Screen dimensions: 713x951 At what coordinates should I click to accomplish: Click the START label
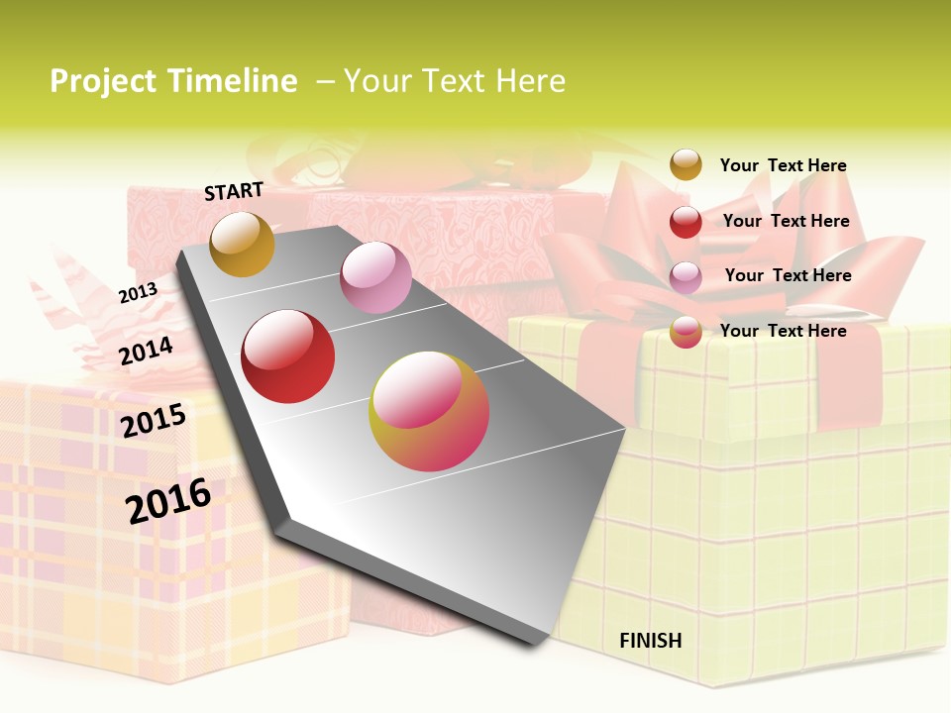pyautogui.click(x=234, y=191)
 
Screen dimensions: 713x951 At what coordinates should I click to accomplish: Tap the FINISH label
pyautogui.click(x=650, y=641)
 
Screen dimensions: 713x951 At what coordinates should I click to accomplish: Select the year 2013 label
pyautogui.click(x=138, y=293)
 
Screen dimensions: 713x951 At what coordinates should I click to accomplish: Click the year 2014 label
pyautogui.click(x=146, y=351)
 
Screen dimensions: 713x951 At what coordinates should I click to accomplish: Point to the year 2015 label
pyautogui.click(x=154, y=420)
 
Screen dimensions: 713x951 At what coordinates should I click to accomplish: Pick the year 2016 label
pyautogui.click(x=168, y=500)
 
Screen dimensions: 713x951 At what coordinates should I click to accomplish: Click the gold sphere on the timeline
pyautogui.click(x=242, y=244)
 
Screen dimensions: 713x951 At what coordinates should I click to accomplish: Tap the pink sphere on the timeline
pyautogui.click(x=375, y=277)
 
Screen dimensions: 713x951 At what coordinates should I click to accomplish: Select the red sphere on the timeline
pyautogui.click(x=288, y=356)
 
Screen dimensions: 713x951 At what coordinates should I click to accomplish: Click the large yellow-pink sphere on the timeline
pyautogui.click(x=429, y=411)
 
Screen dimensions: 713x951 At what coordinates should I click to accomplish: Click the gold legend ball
pyautogui.click(x=686, y=164)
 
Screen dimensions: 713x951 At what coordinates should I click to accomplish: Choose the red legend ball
pyautogui.click(x=686, y=222)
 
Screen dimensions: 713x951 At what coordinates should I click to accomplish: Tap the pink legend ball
pyautogui.click(x=686, y=277)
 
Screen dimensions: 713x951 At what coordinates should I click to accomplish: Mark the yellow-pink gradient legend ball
pyautogui.click(x=686, y=332)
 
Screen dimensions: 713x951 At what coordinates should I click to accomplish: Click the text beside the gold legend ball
pyautogui.click(x=783, y=165)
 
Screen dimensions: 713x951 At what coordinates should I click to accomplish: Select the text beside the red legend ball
pyautogui.click(x=786, y=221)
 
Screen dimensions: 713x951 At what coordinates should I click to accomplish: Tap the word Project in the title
pyautogui.click(x=103, y=81)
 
